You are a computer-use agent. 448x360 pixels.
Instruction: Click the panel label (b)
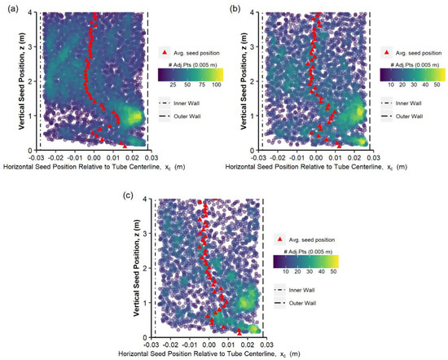coord(235,7)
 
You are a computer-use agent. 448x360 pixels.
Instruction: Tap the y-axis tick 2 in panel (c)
coord(142,268)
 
